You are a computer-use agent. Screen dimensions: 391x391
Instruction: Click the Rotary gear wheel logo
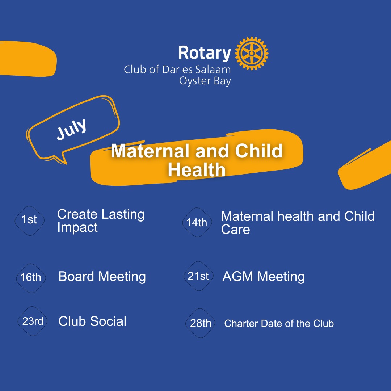[x=252, y=53]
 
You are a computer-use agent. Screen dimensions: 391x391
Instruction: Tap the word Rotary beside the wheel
[x=205, y=53]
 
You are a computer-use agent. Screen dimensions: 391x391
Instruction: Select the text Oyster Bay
[x=205, y=81]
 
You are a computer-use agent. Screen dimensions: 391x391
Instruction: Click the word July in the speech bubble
[x=72, y=129]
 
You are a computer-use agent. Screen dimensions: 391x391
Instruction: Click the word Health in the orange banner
[x=197, y=170]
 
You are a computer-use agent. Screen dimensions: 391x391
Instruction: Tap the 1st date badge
[x=29, y=221]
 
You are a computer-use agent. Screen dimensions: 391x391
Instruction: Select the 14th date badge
[x=197, y=222]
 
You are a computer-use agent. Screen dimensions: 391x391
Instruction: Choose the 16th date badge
[x=31, y=278]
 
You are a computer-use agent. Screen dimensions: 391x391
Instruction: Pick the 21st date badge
[x=198, y=276]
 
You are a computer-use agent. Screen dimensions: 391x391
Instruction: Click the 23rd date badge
[x=33, y=321]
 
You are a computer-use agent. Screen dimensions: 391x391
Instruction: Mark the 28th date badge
[x=200, y=323]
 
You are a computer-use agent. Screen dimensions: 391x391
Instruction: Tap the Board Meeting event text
[x=102, y=277]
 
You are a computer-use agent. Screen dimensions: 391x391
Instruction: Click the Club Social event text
[x=92, y=321]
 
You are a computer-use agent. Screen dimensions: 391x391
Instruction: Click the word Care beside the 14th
[x=235, y=229]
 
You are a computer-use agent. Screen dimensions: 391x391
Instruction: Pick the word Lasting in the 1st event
[x=123, y=215]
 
